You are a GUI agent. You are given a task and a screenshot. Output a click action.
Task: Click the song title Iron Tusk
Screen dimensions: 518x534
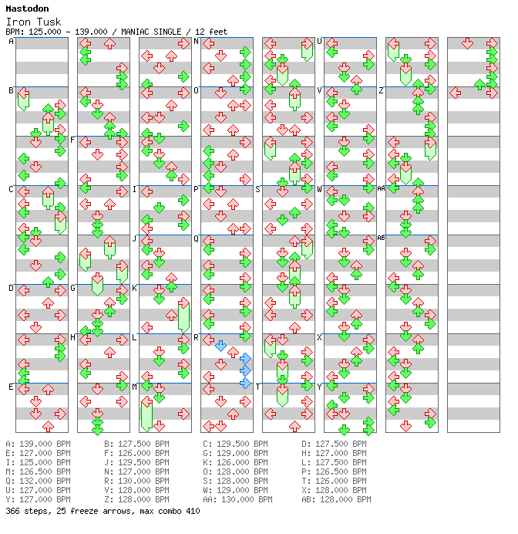[x=33, y=22]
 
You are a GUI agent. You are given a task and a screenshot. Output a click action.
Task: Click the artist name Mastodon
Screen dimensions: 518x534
[x=27, y=8]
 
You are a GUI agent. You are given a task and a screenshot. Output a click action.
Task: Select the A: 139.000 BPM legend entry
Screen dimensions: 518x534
[x=38, y=444]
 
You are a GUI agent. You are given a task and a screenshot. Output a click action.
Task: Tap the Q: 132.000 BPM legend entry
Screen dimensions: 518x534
[x=38, y=481]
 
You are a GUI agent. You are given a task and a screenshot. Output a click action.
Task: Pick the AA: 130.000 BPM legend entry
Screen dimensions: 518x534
[x=237, y=499]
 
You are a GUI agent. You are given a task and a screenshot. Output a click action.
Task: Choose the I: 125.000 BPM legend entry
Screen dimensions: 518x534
[x=38, y=462]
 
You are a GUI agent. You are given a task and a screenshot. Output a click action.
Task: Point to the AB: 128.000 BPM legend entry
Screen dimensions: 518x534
[x=336, y=499]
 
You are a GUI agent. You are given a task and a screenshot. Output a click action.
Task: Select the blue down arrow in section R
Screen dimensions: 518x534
[x=220, y=346]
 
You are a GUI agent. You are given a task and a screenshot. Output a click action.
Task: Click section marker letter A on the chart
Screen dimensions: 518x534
[x=12, y=42]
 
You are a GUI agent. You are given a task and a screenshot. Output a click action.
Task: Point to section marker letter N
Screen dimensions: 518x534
[x=197, y=42]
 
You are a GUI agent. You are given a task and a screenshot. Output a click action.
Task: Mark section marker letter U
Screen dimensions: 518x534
[x=320, y=42]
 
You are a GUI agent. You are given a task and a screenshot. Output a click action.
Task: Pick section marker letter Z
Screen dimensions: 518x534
[x=382, y=91]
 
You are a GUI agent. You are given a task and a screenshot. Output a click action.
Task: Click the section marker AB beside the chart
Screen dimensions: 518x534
[x=381, y=238]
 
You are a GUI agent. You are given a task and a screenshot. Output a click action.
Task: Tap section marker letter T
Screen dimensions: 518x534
[x=257, y=387]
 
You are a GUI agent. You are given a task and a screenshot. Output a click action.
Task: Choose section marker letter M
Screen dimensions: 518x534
[x=135, y=387]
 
